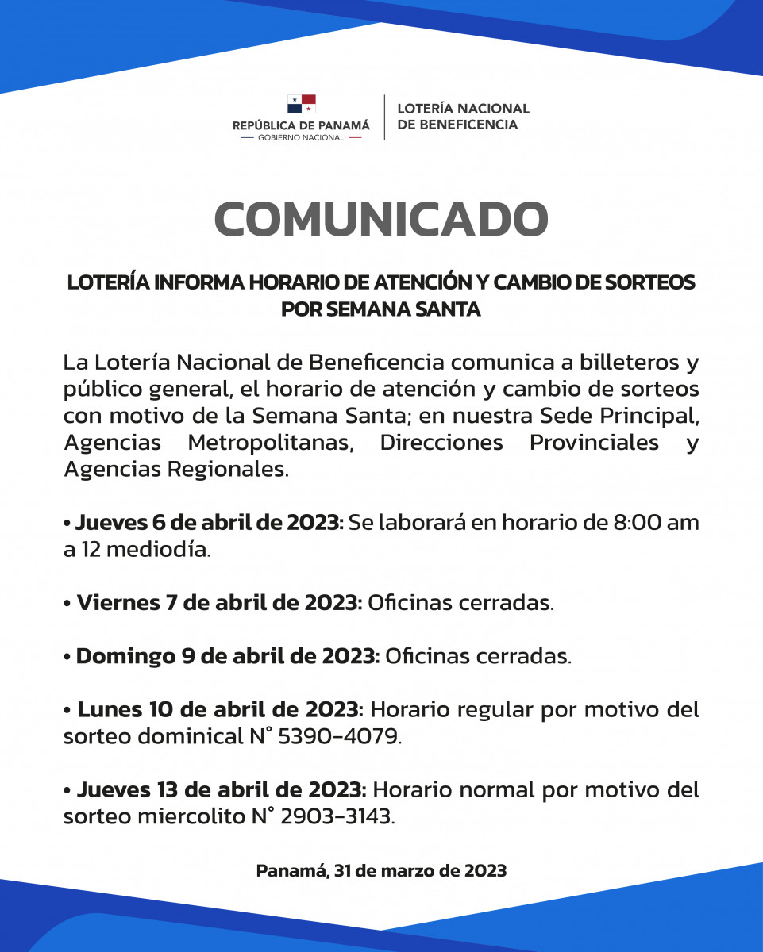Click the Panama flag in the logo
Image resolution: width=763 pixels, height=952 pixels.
pyautogui.click(x=302, y=104)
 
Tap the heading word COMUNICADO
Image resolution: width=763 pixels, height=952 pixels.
pyautogui.click(x=381, y=220)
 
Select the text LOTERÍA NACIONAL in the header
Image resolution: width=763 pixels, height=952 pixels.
pyautogui.click(x=463, y=109)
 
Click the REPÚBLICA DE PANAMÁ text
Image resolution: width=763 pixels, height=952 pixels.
pyautogui.click(x=301, y=125)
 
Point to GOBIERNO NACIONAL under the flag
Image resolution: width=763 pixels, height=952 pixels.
pyautogui.click(x=301, y=137)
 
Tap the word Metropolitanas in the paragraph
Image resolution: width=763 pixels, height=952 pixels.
pyautogui.click(x=270, y=442)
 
